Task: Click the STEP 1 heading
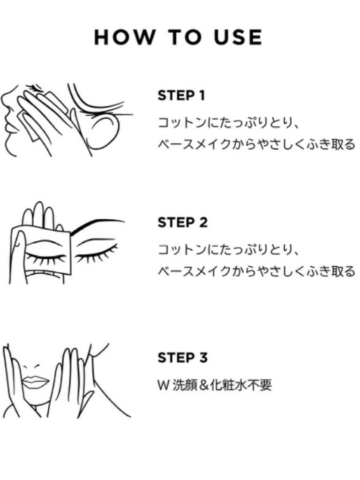click(x=182, y=96)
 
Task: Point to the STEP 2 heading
click(x=183, y=222)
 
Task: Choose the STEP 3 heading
click(x=183, y=358)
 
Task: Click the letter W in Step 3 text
click(x=163, y=385)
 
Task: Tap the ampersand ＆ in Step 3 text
click(x=207, y=385)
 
